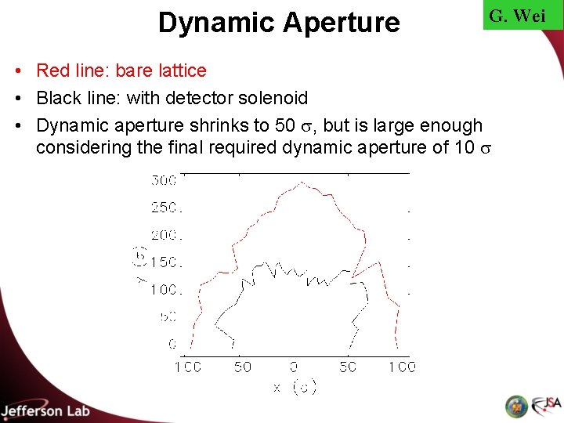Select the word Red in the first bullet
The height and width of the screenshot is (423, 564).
point(54,70)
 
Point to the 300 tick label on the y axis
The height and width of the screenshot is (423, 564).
point(164,181)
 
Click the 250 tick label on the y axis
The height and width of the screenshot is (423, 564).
point(164,208)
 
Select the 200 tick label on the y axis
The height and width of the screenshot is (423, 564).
point(164,235)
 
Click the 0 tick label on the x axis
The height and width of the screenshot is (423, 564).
point(293,367)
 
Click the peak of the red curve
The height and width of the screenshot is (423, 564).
point(302,183)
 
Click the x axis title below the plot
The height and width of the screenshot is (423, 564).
point(295,387)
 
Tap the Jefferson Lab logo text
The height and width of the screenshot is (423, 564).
point(45,410)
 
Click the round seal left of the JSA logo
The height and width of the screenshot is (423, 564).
point(517,406)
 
